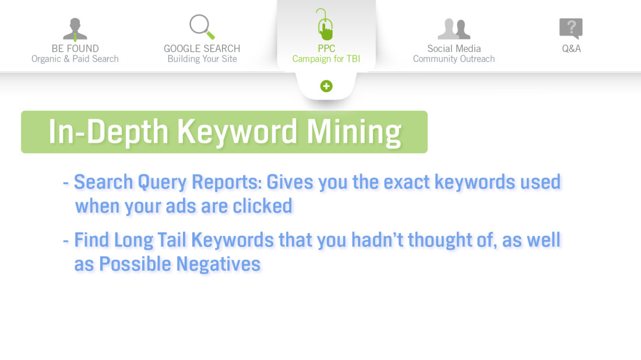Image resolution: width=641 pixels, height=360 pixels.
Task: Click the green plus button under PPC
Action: tap(326, 86)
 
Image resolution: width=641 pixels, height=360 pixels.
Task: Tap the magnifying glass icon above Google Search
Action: tap(202, 27)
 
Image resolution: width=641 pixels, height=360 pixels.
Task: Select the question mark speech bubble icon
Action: tap(571, 29)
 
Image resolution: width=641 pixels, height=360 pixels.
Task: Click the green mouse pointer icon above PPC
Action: tap(325, 24)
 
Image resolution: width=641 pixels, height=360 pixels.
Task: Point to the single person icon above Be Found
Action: tap(75, 30)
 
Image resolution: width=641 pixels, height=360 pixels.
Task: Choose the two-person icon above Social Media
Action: tap(454, 29)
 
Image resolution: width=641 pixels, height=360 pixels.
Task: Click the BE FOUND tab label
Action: tap(75, 48)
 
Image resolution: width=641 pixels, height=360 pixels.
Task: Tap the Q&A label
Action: tap(571, 48)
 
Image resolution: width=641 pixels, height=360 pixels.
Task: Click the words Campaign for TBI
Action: tap(326, 59)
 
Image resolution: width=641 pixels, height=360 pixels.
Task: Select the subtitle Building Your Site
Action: tap(202, 59)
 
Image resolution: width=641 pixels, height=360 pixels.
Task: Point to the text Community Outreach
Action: tap(454, 59)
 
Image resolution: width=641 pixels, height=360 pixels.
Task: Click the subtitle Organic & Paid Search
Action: tap(75, 59)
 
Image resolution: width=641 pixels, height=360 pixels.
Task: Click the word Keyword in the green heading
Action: tap(237, 132)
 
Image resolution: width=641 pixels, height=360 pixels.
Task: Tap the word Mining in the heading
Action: tap(354, 132)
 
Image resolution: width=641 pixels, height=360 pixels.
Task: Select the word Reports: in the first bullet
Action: tap(227, 182)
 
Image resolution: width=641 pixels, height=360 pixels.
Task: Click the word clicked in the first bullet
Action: tap(262, 206)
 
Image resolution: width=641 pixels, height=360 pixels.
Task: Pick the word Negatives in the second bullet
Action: tap(219, 264)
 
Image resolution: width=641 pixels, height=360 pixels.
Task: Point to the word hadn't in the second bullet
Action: tap(378, 240)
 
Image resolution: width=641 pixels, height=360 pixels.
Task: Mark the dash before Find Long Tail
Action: tap(66, 241)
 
